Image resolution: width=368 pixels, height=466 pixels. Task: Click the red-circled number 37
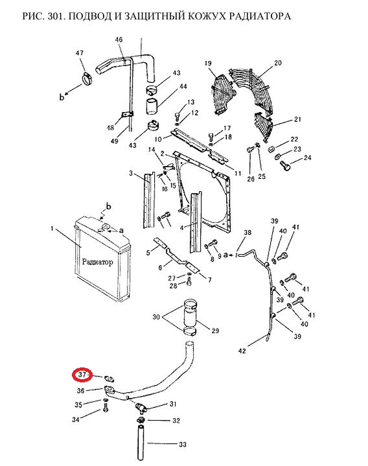pos(82,375)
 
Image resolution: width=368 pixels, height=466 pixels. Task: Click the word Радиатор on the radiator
pos(97,262)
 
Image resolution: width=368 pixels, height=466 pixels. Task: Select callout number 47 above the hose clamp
pos(79,53)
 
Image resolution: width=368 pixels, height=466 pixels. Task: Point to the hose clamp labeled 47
pos(87,79)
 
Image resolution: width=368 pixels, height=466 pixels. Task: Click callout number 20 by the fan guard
pos(278,63)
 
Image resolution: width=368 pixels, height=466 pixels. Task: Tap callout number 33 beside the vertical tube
pos(183,445)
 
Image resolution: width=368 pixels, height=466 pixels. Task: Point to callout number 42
pos(242,351)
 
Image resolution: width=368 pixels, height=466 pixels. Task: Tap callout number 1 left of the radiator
pos(52,229)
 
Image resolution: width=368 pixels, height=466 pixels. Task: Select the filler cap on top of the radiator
pos(105,228)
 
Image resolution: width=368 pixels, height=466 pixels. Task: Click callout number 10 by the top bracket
pos(158,139)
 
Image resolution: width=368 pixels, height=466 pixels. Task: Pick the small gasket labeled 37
pos(109,379)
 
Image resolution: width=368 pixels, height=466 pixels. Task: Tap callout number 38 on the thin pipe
pos(247,233)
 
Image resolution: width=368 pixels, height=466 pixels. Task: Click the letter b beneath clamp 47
pos(62,97)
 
